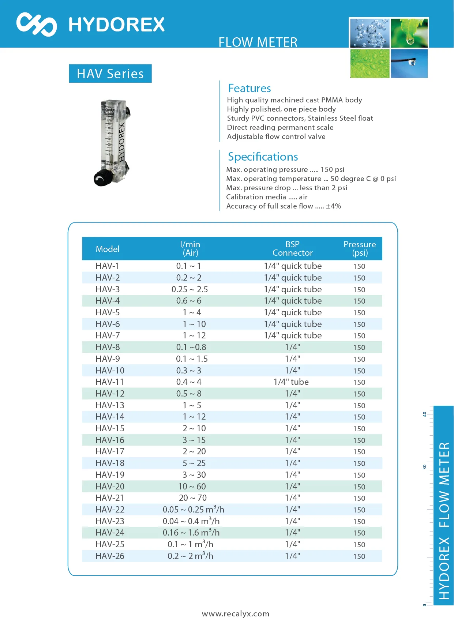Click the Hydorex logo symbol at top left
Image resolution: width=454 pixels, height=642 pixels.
coord(37,25)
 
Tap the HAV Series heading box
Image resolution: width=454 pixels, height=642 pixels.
coord(110,74)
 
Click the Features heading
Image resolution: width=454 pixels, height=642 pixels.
coord(249,88)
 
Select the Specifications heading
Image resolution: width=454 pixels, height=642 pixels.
coord(263,157)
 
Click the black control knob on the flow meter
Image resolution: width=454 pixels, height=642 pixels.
coord(102,178)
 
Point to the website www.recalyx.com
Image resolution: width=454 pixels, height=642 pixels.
coord(236,613)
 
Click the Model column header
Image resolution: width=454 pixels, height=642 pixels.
coord(108,249)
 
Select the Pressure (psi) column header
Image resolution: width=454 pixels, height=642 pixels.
coord(360,248)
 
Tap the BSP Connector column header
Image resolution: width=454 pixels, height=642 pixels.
coord(292,248)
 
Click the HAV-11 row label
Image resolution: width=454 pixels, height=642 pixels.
coord(110,382)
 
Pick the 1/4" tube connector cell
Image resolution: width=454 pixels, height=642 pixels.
coord(291,382)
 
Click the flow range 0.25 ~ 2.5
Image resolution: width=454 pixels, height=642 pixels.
coord(190,289)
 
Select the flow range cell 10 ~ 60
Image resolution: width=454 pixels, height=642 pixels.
coord(192,487)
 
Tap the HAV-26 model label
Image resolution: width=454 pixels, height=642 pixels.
coord(110,556)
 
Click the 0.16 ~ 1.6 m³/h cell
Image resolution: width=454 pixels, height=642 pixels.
coord(191,533)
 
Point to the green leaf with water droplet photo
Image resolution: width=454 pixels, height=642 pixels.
coord(409,33)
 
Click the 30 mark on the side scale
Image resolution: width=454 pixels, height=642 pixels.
coord(424,467)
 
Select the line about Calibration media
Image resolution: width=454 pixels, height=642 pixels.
coord(267,197)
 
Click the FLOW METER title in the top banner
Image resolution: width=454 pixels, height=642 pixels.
coord(258,42)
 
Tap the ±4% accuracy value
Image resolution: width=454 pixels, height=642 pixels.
coord(333,206)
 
